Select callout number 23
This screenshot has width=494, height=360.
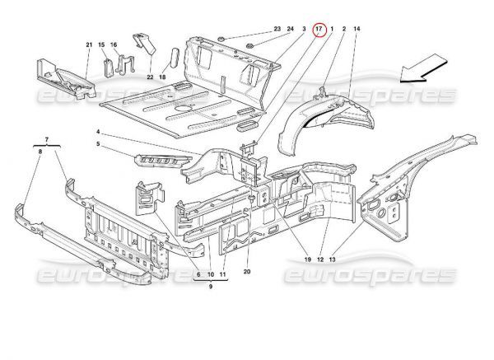[x=277, y=29]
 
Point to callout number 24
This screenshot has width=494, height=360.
[x=291, y=29]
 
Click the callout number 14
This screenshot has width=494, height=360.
[x=357, y=29]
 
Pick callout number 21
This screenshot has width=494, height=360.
[x=88, y=44]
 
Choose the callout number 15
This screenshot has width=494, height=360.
[x=102, y=44]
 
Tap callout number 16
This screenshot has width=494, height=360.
[x=114, y=44]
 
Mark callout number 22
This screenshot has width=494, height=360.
[x=151, y=77]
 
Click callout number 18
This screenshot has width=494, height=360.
[x=163, y=77]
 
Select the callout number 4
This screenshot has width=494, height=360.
[x=97, y=132]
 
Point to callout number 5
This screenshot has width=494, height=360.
[x=97, y=144]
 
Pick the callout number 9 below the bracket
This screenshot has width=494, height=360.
[x=211, y=288]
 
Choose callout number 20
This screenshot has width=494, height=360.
[x=247, y=272]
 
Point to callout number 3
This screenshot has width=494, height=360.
[x=304, y=29]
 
